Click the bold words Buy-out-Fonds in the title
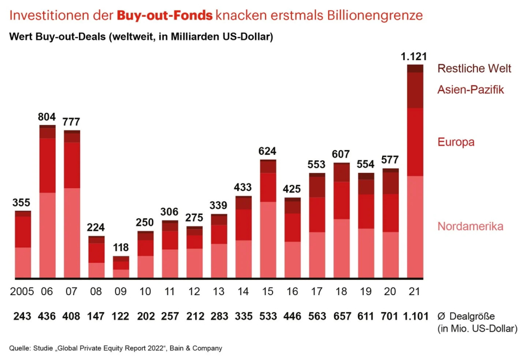tap(164, 15)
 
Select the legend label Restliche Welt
tap(474, 69)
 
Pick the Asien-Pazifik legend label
tap(471, 90)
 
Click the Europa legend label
tap(456, 142)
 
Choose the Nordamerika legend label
tap(470, 227)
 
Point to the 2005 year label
tap(22, 291)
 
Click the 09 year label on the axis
tap(120, 291)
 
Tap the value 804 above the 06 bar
tap(47, 116)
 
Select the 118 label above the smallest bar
tap(120, 248)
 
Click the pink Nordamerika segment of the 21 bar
tap(415, 227)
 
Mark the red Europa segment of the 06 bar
tap(47, 165)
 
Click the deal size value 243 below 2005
tap(22, 316)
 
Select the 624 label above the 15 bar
tap(268, 151)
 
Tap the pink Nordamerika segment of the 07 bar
tap(72, 232)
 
